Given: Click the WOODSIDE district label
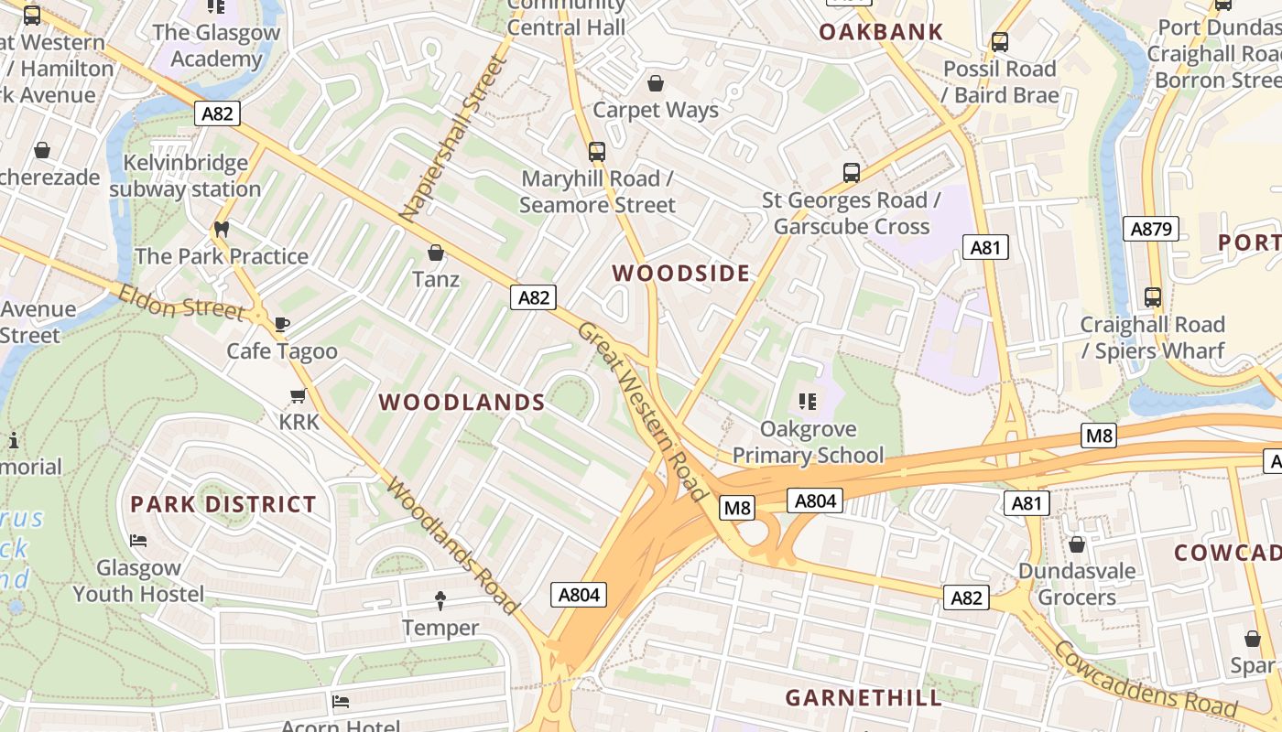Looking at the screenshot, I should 680,273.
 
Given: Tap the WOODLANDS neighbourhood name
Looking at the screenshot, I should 462,403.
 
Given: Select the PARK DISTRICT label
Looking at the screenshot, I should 223,504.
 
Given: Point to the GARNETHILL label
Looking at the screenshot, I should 864,698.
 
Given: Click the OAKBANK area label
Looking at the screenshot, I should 880,32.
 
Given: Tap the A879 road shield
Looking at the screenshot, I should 1151,229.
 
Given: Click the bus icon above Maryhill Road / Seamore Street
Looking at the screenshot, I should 596,151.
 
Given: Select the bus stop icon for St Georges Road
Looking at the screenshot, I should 851,172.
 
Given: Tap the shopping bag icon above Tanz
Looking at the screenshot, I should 436,252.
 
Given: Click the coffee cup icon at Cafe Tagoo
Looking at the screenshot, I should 282,324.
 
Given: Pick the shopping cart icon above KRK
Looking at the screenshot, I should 298,395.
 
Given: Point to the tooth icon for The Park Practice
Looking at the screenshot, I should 221,229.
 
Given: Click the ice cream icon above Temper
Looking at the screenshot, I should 440,601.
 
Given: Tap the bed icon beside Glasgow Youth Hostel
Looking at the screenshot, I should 138,541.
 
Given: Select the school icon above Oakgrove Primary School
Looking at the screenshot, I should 807,401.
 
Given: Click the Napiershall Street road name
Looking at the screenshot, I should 452,139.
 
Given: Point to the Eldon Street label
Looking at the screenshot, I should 180,302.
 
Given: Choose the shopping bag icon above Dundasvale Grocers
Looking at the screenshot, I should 1077,544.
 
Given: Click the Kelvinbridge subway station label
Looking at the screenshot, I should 185,176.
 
